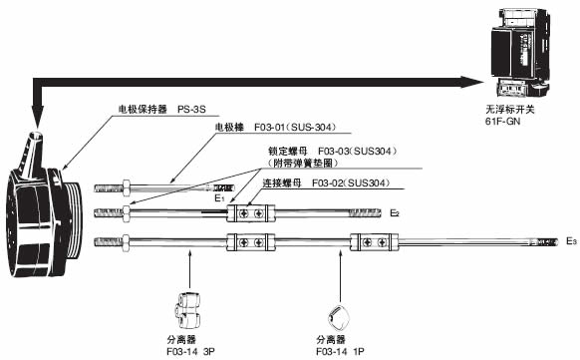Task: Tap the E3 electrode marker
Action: coord(570,241)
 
